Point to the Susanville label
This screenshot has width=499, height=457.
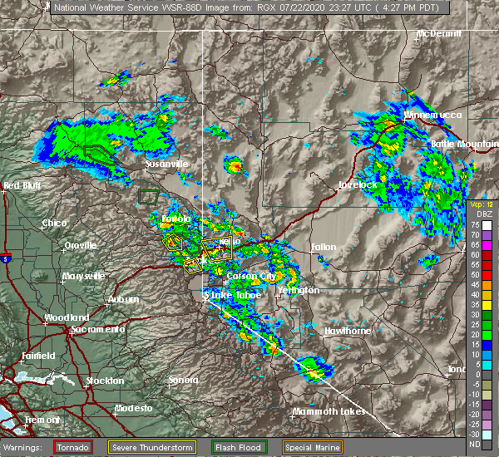click(x=167, y=164)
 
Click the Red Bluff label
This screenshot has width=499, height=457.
click(x=23, y=185)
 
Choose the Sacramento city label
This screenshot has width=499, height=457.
click(x=97, y=329)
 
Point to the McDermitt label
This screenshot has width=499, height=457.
click(x=439, y=34)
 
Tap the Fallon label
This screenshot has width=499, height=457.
click(x=324, y=247)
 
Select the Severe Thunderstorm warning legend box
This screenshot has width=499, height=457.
click(x=172, y=447)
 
